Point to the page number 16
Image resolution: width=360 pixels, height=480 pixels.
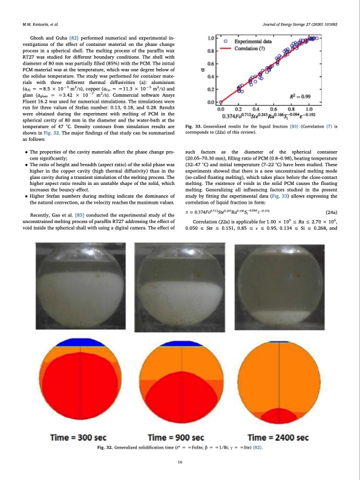point(180,462)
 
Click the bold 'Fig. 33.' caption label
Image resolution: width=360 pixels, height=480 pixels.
point(195,126)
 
